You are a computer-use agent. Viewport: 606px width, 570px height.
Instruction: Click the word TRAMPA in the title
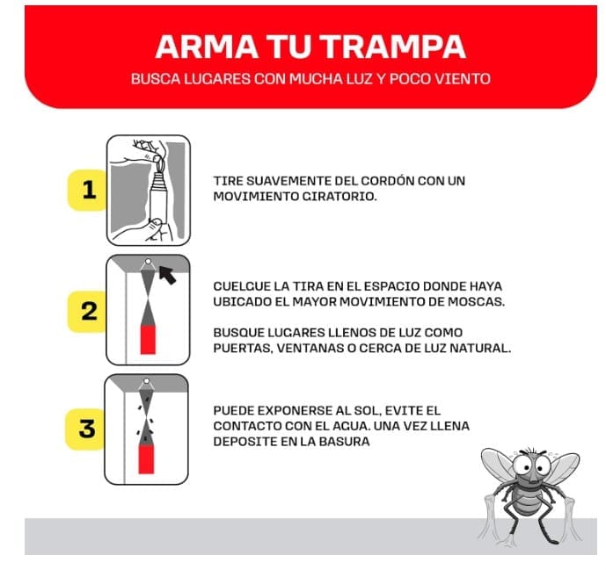click(x=393, y=47)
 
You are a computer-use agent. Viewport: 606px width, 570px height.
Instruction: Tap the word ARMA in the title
click(x=207, y=47)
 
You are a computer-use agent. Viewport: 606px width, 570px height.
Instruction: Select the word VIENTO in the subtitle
click(x=463, y=79)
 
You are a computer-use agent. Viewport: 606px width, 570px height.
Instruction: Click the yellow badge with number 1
click(x=88, y=190)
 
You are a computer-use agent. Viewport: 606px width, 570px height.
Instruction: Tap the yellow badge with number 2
click(x=88, y=312)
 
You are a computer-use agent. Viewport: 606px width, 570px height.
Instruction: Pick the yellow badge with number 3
click(x=86, y=429)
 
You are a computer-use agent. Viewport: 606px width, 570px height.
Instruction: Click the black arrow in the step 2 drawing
click(x=167, y=274)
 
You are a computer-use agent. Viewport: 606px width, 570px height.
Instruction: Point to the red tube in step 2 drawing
click(x=148, y=340)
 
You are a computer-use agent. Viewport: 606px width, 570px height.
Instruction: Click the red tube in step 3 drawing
click(x=146, y=458)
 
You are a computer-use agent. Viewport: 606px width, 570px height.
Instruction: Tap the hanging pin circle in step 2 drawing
click(x=148, y=262)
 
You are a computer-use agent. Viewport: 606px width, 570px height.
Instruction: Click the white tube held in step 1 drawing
click(x=158, y=197)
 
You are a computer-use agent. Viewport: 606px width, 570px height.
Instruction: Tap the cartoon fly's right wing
click(x=561, y=470)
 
